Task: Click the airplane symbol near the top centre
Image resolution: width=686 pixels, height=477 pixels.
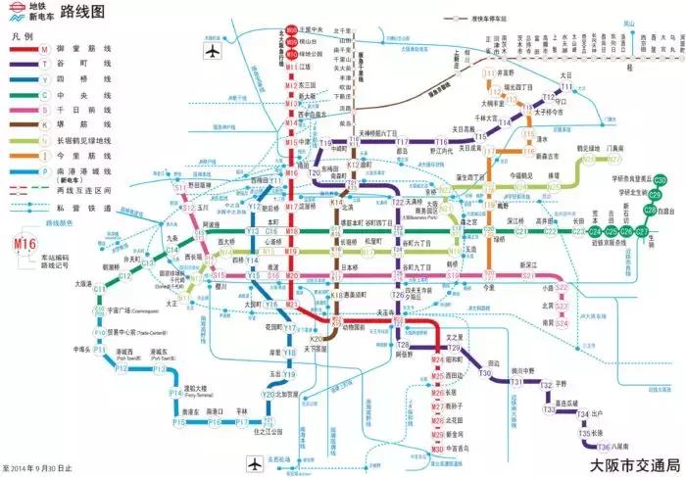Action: point(213,52)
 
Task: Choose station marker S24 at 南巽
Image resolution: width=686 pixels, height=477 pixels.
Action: point(562,322)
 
